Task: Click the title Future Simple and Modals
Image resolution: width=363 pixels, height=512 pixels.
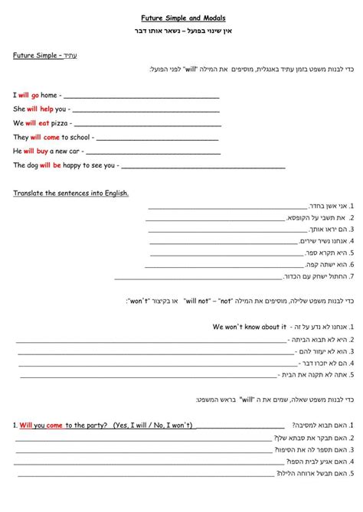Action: (182, 17)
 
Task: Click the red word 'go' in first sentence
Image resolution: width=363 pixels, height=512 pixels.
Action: (35, 95)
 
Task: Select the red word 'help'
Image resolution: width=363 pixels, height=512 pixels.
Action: (42, 109)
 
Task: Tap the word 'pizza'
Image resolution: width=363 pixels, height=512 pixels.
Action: (60, 122)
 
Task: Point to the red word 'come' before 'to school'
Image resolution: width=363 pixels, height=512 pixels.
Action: (51, 137)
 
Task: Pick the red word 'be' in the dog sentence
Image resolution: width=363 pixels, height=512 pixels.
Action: (57, 165)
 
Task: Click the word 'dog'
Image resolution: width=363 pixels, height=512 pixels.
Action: (31, 165)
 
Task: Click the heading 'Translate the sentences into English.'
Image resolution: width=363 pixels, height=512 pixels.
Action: (70, 193)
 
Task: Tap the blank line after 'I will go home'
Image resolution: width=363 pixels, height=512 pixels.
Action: (146, 96)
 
